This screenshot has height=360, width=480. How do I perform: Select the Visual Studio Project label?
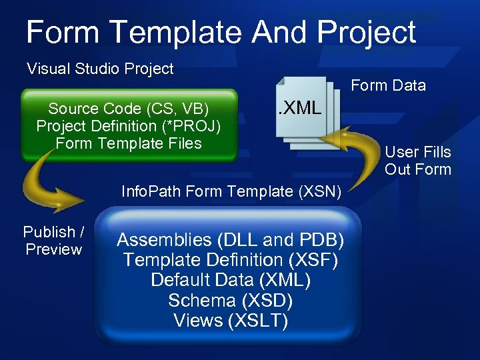pos(100,69)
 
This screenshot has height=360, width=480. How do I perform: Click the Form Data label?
pos(388,85)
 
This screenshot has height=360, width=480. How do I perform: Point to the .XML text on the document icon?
pos(299,107)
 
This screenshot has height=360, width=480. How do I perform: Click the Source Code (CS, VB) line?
pos(129,109)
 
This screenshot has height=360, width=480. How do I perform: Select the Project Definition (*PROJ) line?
pos(129,126)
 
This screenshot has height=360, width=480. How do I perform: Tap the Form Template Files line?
pos(129,143)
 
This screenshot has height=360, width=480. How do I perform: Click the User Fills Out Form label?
pos(418,161)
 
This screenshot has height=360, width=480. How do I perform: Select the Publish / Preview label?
pos(53,241)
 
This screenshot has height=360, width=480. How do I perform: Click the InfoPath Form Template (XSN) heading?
pos(231,192)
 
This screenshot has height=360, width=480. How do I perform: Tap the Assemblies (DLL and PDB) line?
pos(230,239)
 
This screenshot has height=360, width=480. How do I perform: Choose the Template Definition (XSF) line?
pos(230,259)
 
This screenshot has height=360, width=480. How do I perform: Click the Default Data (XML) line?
pos(230,279)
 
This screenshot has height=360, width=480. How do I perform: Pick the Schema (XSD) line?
pos(230,300)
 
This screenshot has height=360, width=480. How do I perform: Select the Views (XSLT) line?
pos(230,321)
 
